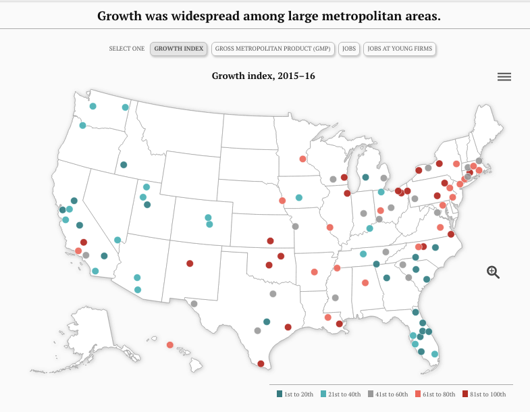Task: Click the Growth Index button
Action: point(178,49)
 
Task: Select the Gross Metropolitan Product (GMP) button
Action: point(273,49)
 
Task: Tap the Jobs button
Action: point(349,49)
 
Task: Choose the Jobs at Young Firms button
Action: point(400,49)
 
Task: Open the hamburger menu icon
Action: point(504,77)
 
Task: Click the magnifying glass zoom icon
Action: point(493,272)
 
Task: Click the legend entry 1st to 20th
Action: point(295,394)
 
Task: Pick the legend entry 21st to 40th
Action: point(340,394)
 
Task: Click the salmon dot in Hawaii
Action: point(170,344)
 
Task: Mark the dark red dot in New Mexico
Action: point(190,263)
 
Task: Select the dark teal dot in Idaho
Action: point(124,165)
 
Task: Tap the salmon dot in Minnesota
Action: point(302,159)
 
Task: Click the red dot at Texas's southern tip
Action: point(261,363)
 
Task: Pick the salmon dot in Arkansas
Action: point(314,272)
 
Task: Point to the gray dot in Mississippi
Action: point(335,298)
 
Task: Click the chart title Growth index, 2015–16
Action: point(263,76)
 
